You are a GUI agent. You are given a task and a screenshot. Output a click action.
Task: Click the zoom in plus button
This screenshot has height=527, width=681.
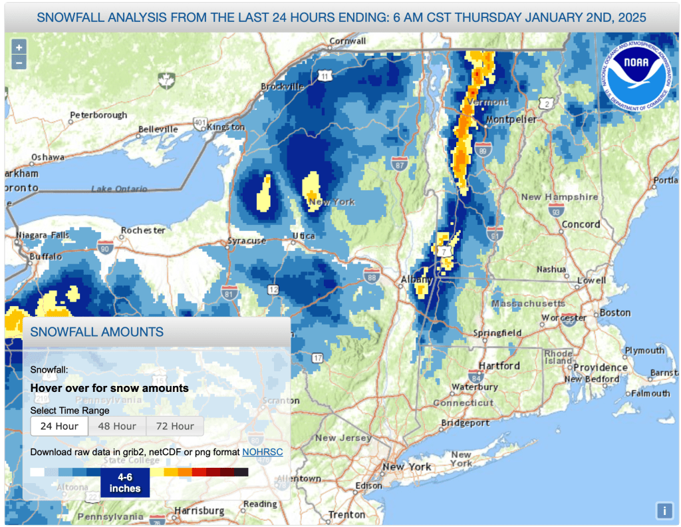coord(19,47)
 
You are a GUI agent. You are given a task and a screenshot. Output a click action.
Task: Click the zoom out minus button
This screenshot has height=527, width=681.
coord(19,63)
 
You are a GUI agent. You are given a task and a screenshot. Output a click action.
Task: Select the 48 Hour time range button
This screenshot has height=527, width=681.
coord(117,426)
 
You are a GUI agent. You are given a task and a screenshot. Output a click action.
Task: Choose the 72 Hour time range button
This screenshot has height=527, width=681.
coord(174,426)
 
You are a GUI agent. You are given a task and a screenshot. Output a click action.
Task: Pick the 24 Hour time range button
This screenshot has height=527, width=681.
coord(59,426)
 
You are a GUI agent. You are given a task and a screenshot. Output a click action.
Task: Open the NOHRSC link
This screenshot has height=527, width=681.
coord(262,452)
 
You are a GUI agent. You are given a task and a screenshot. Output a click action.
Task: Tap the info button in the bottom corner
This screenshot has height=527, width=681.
coord(664,510)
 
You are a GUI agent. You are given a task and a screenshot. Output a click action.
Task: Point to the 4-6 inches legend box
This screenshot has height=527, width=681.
coord(125,482)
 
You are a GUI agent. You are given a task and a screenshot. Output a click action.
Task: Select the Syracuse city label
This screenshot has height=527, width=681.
coord(247,240)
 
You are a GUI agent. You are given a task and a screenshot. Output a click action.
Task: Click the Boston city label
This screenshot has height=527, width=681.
coord(614,312)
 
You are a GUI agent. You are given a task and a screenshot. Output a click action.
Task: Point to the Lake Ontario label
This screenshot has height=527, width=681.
coord(119,189)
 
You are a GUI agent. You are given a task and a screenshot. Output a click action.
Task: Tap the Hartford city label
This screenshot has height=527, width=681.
coord(499,365)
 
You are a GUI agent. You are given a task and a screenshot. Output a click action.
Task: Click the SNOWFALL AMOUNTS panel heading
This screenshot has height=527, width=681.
coord(97,331)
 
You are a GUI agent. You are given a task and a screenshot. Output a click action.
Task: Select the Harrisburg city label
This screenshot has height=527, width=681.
coord(199,510)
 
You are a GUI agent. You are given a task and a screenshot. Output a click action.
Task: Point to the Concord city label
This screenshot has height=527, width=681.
coord(581,224)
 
